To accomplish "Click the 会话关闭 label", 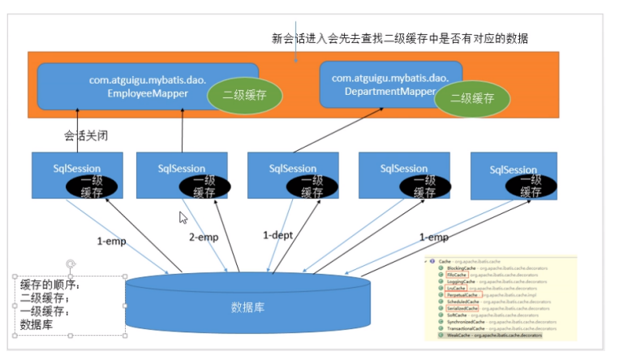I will click(86, 135).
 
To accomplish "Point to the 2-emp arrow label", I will click(204, 238).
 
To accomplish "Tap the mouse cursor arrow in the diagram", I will click(183, 217).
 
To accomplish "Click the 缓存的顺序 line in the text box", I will click(51, 284).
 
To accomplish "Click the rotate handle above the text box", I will click(71, 263).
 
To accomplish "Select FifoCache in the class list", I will click(457, 275).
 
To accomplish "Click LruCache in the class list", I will click(456, 288).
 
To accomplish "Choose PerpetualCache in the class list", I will click(462, 295).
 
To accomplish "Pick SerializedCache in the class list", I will click(462, 308).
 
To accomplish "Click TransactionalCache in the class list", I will click(465, 328).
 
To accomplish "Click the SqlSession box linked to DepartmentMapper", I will click(292, 174).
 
